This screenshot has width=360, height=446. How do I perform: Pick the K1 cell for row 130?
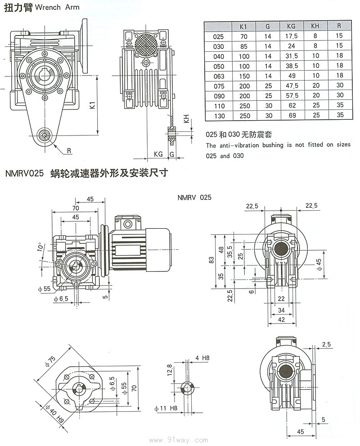pos(243,115)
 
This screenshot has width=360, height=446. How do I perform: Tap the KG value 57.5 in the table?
pos(291,95)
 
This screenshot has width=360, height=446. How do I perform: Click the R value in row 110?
pos(339,105)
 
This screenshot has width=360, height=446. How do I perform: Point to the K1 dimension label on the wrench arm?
pos(92,106)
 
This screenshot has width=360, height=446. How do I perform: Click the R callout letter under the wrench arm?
pos(70,151)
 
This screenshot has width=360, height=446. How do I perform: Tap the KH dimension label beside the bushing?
pos(186,120)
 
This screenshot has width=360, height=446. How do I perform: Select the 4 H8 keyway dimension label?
pos(202,358)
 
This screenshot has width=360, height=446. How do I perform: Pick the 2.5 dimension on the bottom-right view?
pos(326,345)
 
